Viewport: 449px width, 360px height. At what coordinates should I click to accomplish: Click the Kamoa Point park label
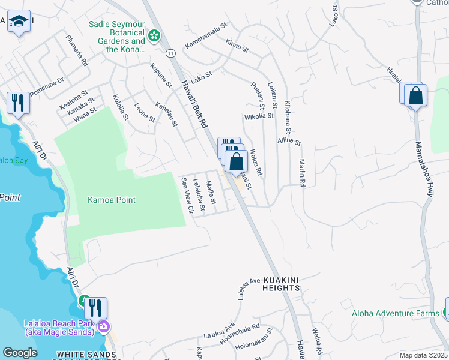[x=112, y=200]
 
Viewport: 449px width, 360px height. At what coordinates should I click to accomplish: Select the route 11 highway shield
[x=171, y=53]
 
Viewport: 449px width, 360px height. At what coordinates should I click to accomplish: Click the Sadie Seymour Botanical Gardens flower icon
[x=155, y=36]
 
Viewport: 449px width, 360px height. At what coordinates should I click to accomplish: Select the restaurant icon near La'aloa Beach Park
[x=95, y=308]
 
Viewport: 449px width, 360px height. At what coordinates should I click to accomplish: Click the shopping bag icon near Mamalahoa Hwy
[x=415, y=95]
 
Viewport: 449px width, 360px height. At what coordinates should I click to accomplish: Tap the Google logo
[x=20, y=353]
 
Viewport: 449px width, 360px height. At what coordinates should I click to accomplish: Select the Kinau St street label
[x=237, y=45]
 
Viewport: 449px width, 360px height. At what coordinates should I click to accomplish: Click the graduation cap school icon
[x=19, y=22]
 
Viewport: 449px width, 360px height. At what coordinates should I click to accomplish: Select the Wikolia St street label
[x=258, y=116]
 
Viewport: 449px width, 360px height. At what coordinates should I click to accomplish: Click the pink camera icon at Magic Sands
[x=104, y=326]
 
